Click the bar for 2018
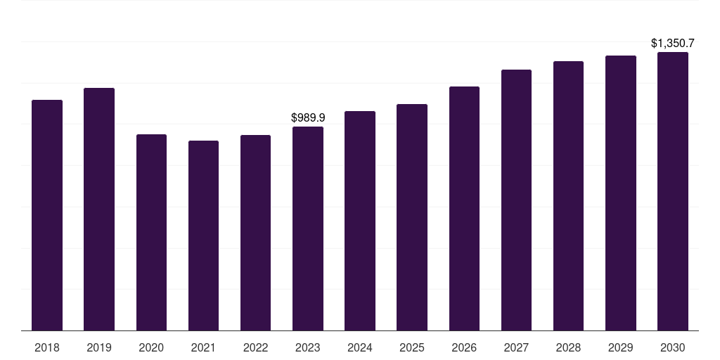pos(47,215)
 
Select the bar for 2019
pos(99,209)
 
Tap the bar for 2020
pos(151,232)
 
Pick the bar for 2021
pos(203,236)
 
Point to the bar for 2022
pos(255,233)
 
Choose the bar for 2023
pos(308,229)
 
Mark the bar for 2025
pos(412,217)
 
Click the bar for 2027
pos(516,200)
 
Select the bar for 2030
pos(673,191)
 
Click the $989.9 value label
pos(308,117)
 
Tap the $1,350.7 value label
pos(673,44)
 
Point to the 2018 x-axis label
pos(47,347)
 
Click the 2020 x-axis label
pos(151,347)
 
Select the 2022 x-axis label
pos(255,347)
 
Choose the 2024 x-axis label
pos(360,347)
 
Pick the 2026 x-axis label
pos(464,347)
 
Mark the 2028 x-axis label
pos(568,347)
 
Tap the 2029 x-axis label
pos(621,347)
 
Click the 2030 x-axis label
pos(673,347)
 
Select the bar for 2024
pos(360,221)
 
